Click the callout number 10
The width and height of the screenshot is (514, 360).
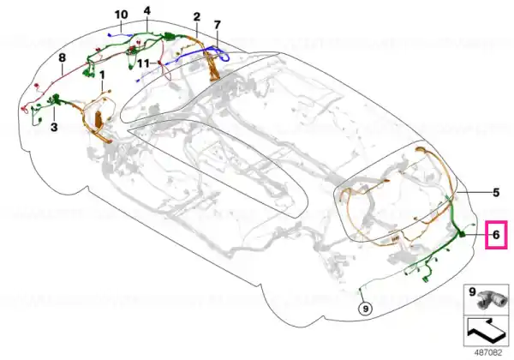pyautogui.click(x=121, y=15)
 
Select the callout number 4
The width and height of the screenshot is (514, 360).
pyautogui.click(x=147, y=11)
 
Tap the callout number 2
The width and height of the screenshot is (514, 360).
pyautogui.click(x=197, y=16)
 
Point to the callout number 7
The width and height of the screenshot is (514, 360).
pyautogui.click(x=217, y=25)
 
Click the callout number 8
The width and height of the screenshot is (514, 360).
pyautogui.click(x=62, y=58)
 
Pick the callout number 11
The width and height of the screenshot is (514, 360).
pyautogui.click(x=143, y=63)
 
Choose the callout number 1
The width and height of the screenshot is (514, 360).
pyautogui.click(x=102, y=75)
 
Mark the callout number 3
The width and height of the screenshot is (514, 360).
pyautogui.click(x=54, y=127)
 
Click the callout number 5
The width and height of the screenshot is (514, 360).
pyautogui.click(x=496, y=193)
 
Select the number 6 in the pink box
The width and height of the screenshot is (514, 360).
pyautogui.click(x=496, y=235)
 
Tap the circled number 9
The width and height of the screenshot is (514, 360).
pyautogui.click(x=366, y=309)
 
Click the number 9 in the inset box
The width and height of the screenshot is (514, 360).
pyautogui.click(x=472, y=291)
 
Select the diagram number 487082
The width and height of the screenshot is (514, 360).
pyautogui.click(x=488, y=353)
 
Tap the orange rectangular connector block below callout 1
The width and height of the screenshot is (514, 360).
pyautogui.click(x=99, y=118)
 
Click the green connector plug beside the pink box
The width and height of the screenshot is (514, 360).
pyautogui.click(x=462, y=234)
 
